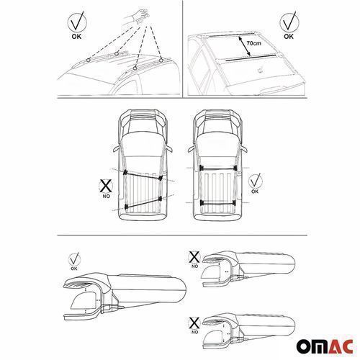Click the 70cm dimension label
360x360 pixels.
pos(253,43)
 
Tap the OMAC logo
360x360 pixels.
pos(325,346)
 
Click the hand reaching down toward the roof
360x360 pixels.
pos(140,17)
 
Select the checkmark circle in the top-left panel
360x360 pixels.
pos(77,22)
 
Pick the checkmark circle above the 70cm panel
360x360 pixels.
pos(289,22)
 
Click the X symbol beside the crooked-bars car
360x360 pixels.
pos(107,186)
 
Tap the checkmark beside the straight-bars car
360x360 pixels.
pos(256,181)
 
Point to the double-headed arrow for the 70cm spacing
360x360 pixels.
pos(244,46)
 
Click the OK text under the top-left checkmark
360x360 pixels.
pos(76,37)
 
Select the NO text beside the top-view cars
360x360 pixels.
pos(107,196)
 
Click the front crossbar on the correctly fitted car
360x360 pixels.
pos(217,168)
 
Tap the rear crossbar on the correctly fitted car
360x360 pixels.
pos(217,204)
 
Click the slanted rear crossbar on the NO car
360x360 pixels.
pos(143,202)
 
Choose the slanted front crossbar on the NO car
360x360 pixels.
pos(143,175)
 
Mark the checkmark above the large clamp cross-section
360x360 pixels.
pos(74,259)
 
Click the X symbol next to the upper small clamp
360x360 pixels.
pos(194,257)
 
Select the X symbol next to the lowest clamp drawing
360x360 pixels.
pos(194,323)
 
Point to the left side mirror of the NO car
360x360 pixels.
pos(117,149)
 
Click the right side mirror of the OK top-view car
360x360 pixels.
pos(243,149)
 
